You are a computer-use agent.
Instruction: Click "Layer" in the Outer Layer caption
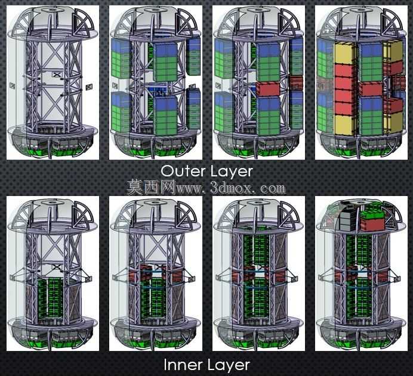tap(230, 172)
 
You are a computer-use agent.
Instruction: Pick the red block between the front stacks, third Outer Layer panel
tap(267, 89)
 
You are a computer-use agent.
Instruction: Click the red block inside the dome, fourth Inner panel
tap(372, 224)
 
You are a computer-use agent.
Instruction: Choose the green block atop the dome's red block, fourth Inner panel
tap(372, 213)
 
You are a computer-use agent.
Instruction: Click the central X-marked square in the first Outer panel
tap(57, 74)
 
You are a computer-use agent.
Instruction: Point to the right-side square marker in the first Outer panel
tap(90, 87)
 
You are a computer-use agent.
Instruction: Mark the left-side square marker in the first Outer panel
tap(13, 85)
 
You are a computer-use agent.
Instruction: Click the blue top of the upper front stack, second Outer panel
tap(165, 50)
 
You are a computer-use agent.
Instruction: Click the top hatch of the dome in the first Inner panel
tap(52, 203)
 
